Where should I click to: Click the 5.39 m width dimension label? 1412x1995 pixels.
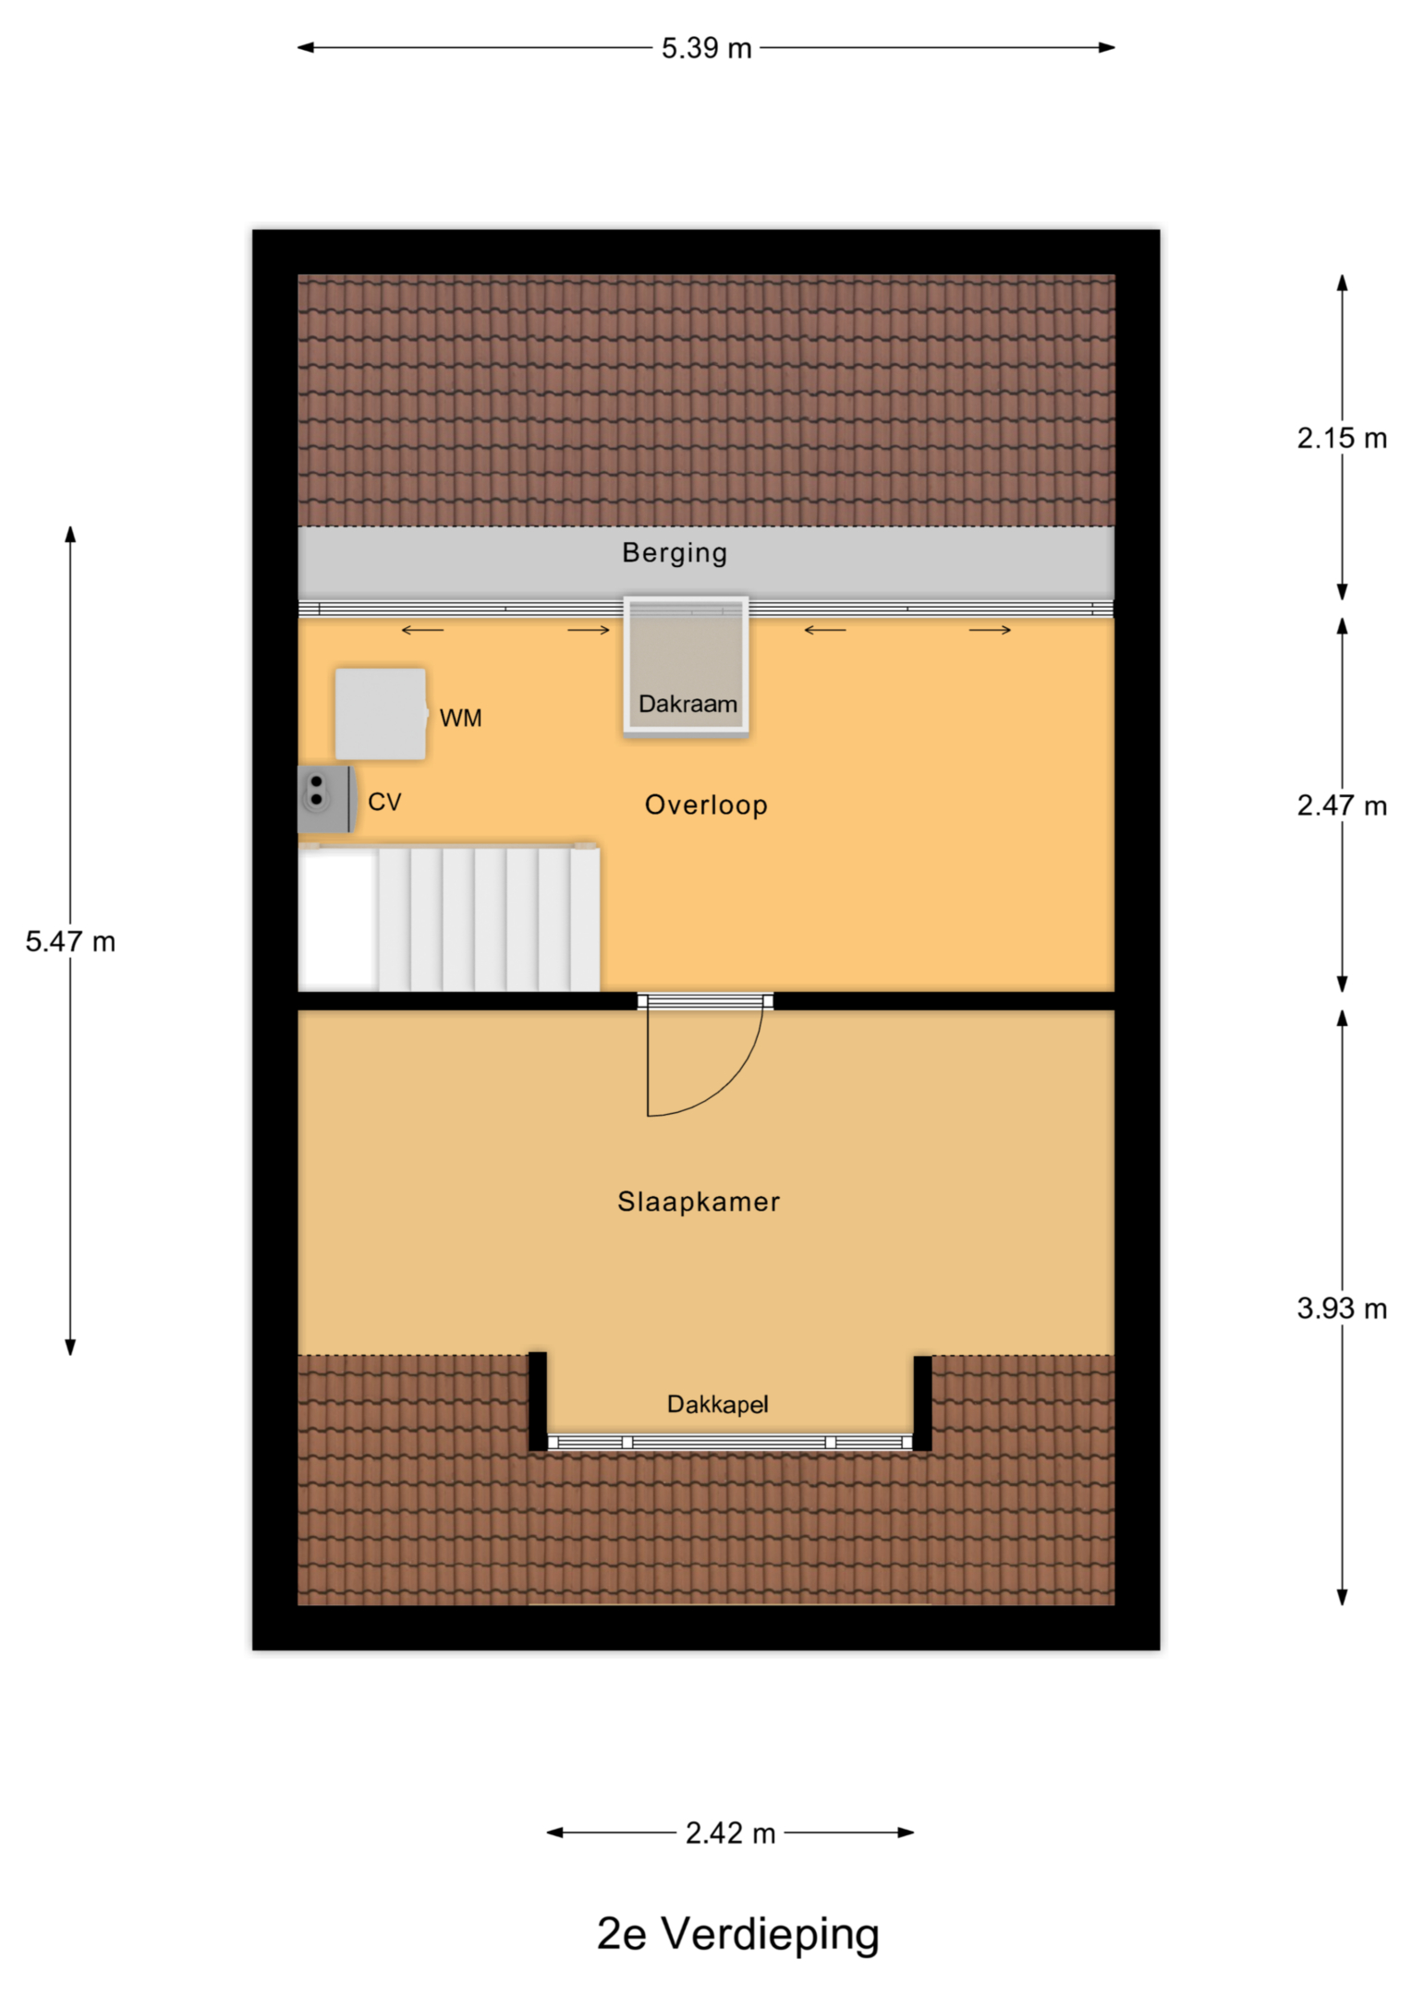[x=706, y=48]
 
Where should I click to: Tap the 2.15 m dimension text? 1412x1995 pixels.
[x=1342, y=438]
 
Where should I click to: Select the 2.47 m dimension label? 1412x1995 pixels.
[x=1342, y=805]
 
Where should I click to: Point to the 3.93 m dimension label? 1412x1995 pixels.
[x=1342, y=1308]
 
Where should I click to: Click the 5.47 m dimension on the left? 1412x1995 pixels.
[x=70, y=941]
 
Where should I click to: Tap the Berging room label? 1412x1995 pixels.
[x=675, y=552]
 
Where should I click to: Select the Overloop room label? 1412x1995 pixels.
[x=706, y=804]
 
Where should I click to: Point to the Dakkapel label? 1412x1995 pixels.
[x=717, y=1404]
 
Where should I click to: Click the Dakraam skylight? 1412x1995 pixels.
[x=686, y=665]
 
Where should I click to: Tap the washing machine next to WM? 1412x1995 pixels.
[x=381, y=714]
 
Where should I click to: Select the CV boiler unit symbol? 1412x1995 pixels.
[x=325, y=798]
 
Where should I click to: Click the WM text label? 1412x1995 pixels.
[x=460, y=718]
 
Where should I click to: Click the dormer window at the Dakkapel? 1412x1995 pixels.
[x=730, y=1442]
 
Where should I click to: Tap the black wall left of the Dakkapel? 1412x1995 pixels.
[x=538, y=1401]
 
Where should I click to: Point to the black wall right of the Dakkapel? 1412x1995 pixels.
[x=922, y=1403]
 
